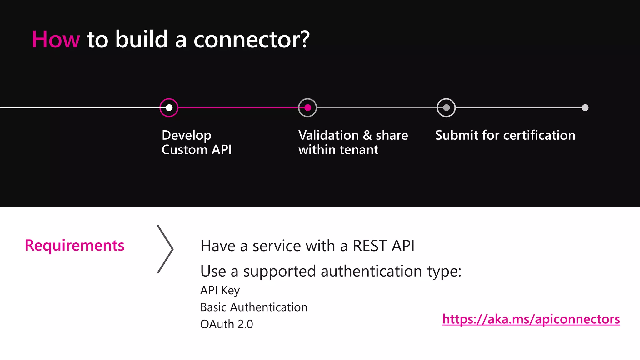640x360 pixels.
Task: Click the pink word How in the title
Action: click(x=56, y=40)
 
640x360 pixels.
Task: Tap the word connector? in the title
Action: click(x=252, y=40)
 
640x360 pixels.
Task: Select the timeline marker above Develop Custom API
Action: click(x=169, y=108)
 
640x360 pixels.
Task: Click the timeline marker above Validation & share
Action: click(x=307, y=108)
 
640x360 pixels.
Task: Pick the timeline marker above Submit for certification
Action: click(x=446, y=108)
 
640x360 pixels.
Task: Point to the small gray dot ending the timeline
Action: click(x=585, y=108)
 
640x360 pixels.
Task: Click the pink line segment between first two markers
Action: click(x=238, y=107)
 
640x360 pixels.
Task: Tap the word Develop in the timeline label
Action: click(x=187, y=135)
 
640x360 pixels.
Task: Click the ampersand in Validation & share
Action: click(x=367, y=135)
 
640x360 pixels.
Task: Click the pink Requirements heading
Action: click(x=74, y=245)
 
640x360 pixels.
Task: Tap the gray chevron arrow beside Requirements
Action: click(x=165, y=249)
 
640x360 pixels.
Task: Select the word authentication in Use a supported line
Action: click(x=371, y=271)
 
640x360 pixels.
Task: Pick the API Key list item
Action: click(x=220, y=290)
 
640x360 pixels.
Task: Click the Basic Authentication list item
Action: click(x=254, y=307)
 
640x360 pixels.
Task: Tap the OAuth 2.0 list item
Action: click(x=227, y=324)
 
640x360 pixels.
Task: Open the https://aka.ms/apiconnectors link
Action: click(x=531, y=319)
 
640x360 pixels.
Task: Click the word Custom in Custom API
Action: click(x=184, y=150)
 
